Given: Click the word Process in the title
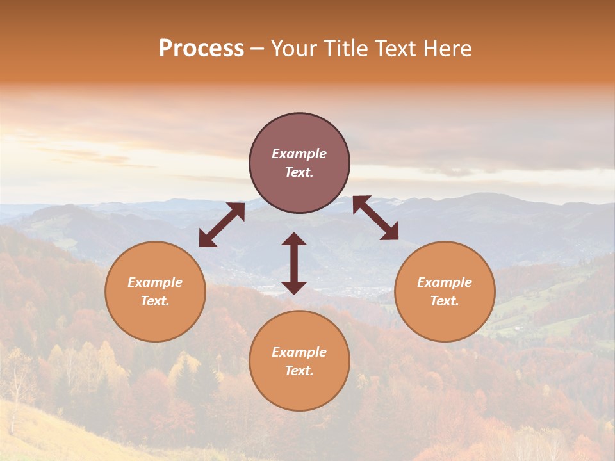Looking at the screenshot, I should coord(201,49).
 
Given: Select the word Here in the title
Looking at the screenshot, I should coord(446,49).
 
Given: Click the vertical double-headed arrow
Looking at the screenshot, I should coord(294,263).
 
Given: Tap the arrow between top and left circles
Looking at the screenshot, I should coord(222,225).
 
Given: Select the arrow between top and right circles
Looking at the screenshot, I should coord(375,218).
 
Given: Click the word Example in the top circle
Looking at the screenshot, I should coord(299,154).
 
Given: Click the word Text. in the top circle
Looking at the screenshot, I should coord(299,172).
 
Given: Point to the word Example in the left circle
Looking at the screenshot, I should coord(155,282).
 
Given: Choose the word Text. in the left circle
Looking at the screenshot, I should coord(155,301).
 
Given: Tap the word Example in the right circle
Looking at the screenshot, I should coord(445,282).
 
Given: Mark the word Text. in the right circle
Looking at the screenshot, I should coord(445,301).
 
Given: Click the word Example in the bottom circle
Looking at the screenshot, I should coord(299,352).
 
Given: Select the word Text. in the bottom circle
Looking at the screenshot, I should coord(299,371).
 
